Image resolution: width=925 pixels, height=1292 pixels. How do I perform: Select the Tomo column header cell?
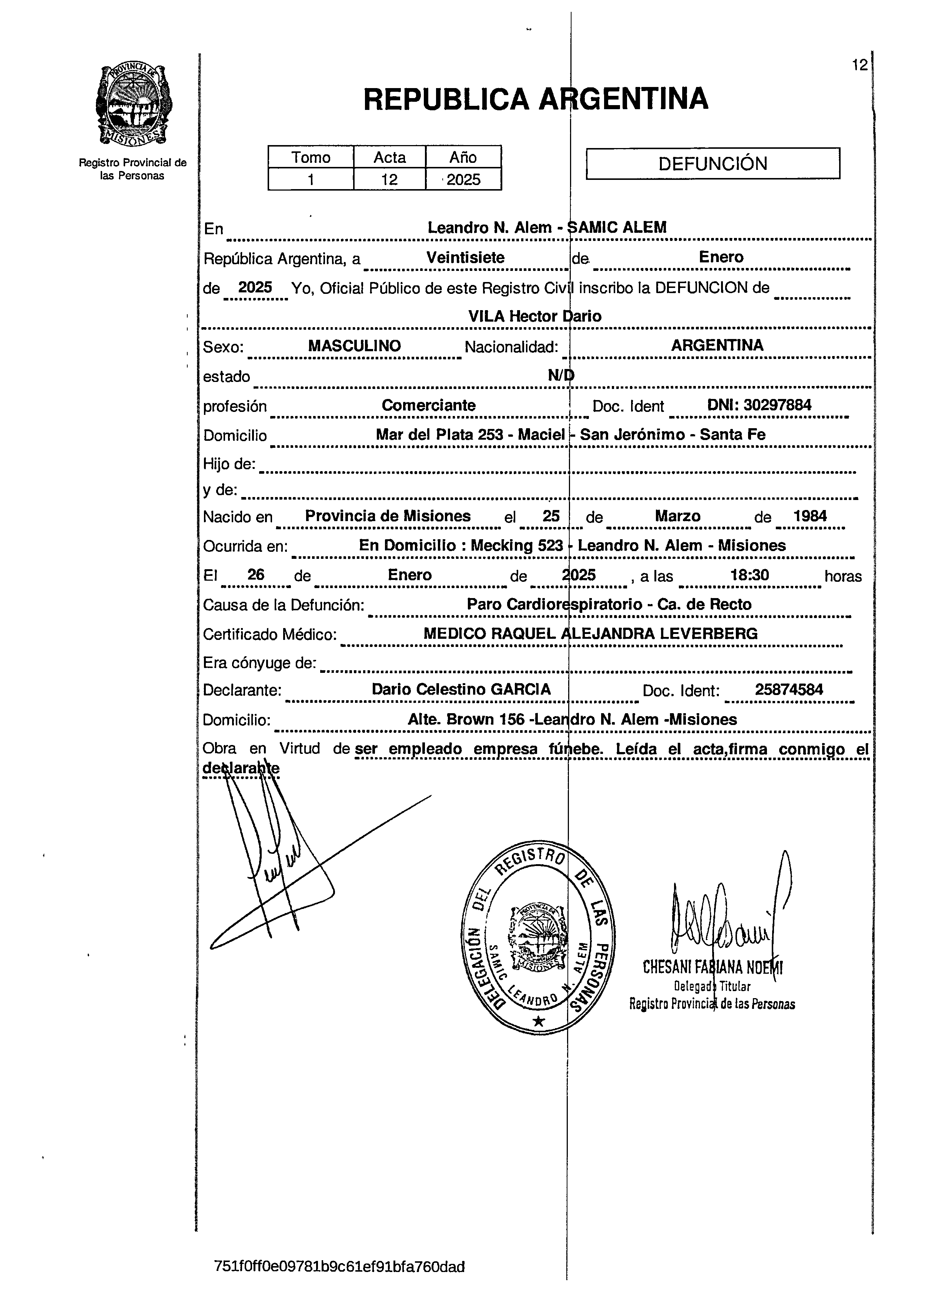coord(311,157)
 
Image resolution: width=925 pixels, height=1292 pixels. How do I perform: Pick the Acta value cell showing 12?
coord(390,180)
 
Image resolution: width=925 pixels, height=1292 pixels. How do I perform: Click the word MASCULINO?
coord(354,346)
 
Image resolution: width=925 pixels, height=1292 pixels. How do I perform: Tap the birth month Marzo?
coord(677,516)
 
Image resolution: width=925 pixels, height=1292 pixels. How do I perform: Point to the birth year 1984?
coord(810,516)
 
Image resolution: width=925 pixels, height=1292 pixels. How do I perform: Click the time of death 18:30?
coord(750,575)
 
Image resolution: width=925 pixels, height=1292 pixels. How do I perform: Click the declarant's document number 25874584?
coord(788,689)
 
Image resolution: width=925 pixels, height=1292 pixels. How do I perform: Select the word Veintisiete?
coord(465,257)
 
